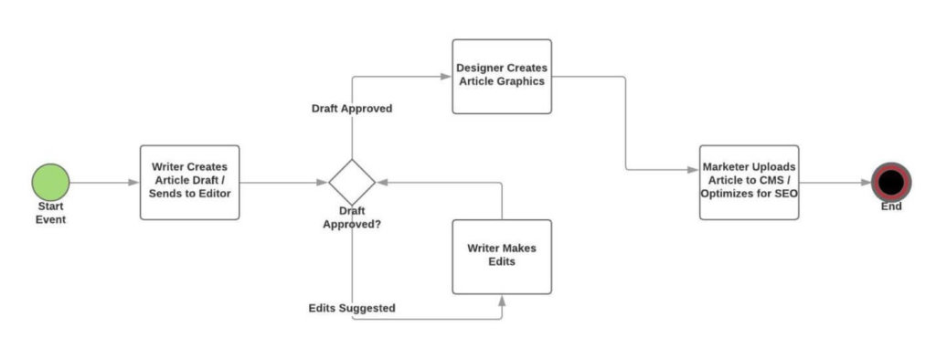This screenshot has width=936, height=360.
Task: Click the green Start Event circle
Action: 51,182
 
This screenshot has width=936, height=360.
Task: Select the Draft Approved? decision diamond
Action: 352,182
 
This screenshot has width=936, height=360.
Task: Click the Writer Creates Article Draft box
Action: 189,182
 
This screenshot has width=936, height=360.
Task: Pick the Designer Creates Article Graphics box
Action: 502,76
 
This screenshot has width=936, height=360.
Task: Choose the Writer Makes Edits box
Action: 502,256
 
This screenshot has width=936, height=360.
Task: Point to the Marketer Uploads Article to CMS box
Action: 749,182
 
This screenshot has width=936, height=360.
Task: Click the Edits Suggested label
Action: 352,309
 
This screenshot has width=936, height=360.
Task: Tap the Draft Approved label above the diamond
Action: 352,109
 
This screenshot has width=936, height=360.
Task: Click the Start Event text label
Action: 51,213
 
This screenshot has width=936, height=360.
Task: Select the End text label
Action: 891,207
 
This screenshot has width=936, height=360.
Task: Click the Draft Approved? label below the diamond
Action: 352,217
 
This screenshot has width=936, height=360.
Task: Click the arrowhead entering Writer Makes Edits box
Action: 502,299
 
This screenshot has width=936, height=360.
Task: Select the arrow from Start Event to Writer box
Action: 104,182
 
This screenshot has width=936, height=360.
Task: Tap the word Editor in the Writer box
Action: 211,194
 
